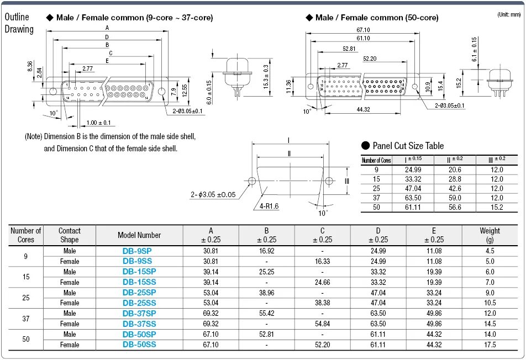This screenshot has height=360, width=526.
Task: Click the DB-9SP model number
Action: pos(139,251)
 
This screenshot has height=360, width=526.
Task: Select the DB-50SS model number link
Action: pos(139,345)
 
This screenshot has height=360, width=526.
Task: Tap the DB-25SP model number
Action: pos(139,292)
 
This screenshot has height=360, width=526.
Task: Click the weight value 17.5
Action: pos(490,345)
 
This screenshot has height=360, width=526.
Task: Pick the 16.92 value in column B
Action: pos(267,251)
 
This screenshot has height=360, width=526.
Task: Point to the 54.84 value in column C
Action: pos(322,324)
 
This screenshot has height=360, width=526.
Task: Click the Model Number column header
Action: pos(139,235)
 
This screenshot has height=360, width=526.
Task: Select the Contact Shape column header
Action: pos(70,235)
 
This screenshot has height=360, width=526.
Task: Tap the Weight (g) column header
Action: pos(490,235)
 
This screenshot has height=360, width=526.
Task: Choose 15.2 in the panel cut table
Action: pos(497,207)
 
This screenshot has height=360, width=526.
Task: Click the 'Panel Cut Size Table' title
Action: pos(408,146)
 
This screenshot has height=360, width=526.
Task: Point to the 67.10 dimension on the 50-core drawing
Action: pos(363,30)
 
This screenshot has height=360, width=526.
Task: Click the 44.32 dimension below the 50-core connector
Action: pos(363,110)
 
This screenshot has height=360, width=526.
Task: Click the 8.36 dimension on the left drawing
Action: pos(30,66)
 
